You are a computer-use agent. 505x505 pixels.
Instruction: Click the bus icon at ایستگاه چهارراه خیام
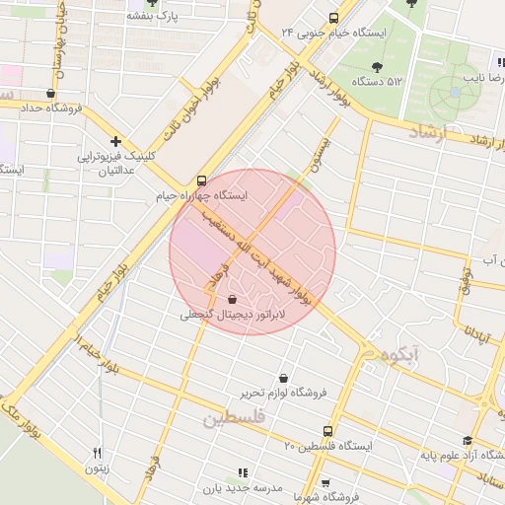coord(201,180)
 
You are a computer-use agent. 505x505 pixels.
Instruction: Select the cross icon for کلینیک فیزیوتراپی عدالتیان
coord(117,141)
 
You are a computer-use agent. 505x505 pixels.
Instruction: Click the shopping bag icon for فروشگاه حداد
coord(51,94)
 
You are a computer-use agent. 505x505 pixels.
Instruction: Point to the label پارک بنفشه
coord(162,17)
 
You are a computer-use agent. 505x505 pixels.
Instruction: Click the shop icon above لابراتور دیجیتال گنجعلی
coord(232,299)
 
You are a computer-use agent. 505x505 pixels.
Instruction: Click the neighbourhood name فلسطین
coord(235,418)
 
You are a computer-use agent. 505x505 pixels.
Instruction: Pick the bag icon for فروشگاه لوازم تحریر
coord(284,378)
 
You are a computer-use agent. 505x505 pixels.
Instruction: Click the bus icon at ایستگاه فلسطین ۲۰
coord(328,431)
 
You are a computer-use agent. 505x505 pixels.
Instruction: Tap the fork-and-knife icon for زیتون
coord(96,453)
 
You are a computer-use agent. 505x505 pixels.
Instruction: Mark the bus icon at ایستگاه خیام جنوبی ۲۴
coord(333,17)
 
